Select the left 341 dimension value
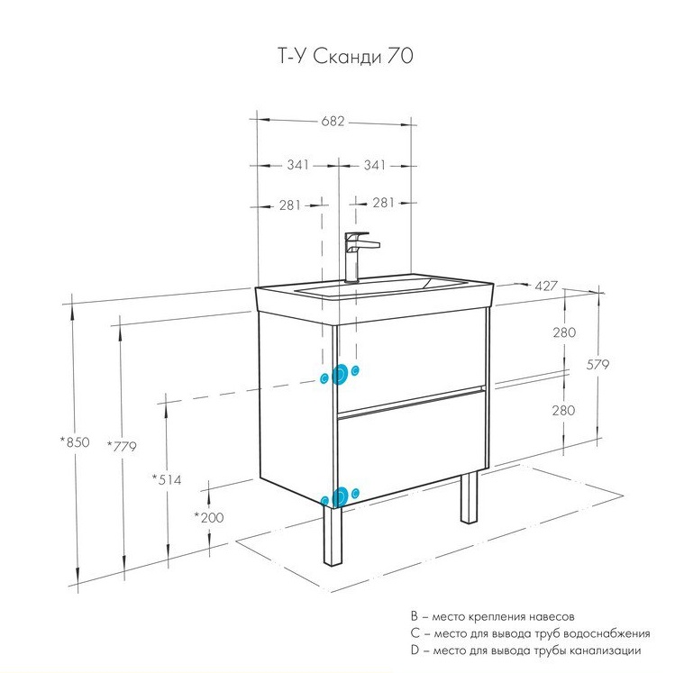click(x=297, y=165)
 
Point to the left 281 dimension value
click(x=288, y=205)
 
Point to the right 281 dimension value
click(x=383, y=203)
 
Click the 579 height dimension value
click(x=598, y=365)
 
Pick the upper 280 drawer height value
click(x=564, y=332)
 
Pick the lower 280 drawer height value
click(x=564, y=410)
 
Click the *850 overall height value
click(x=76, y=441)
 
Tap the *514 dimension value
click(x=167, y=479)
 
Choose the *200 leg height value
click(x=209, y=516)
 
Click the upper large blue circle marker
click(x=340, y=375)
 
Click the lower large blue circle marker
click(x=340, y=496)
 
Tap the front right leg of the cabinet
click(x=469, y=497)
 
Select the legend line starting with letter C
click(x=529, y=633)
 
